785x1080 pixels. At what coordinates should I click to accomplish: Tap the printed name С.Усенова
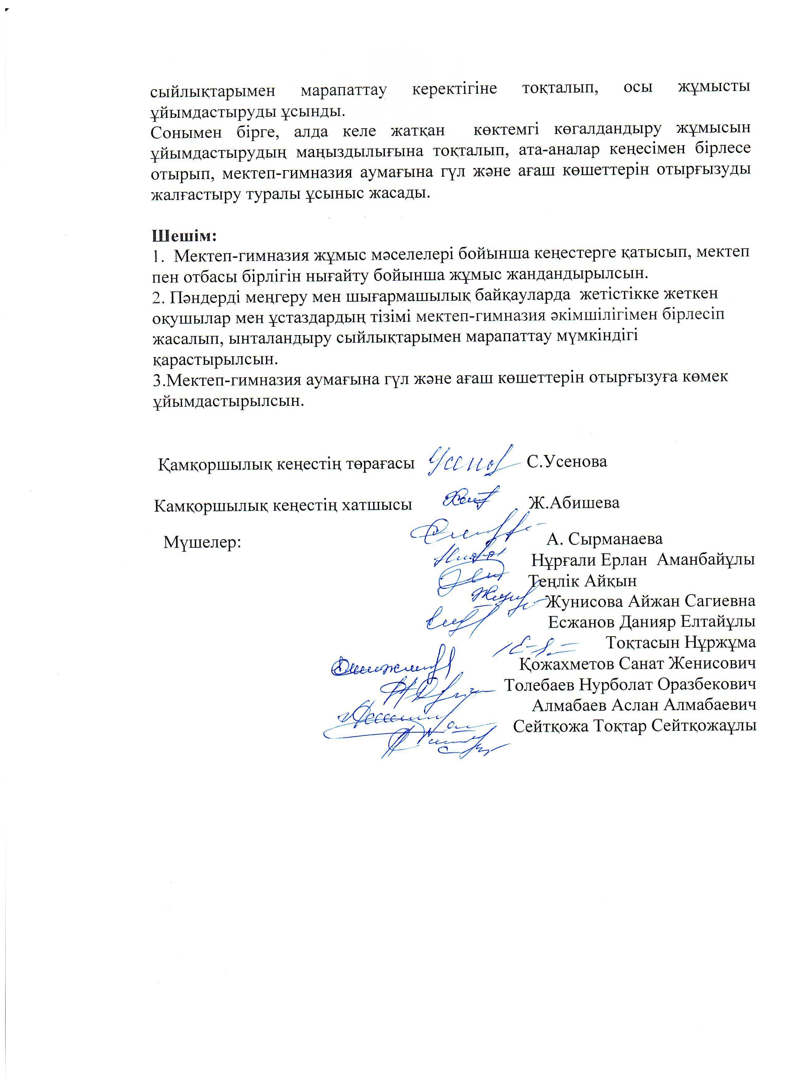coord(567,461)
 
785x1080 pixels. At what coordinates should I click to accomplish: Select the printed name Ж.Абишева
coord(574,502)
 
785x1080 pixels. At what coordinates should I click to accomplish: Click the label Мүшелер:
coord(203,542)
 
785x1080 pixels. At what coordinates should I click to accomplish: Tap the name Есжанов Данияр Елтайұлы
coord(652,622)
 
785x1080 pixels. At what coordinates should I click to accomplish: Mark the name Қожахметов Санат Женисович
coord(638,663)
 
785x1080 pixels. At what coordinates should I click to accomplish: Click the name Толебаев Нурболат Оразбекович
coord(630,684)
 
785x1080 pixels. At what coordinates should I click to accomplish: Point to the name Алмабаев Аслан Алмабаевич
coord(644,705)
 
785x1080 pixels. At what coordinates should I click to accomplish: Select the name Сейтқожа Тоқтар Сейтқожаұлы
coord(635,726)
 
